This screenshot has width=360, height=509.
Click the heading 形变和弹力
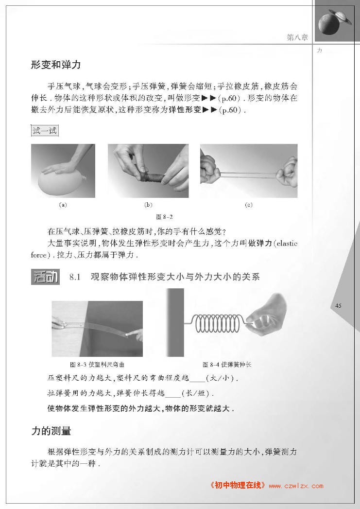point(56,65)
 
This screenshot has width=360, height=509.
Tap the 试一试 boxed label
point(45,131)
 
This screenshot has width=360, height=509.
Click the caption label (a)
point(63,205)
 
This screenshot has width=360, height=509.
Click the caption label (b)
point(148,205)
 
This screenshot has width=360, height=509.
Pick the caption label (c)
point(249,205)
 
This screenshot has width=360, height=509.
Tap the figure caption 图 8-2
point(164,217)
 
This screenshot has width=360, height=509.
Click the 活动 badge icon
point(45,277)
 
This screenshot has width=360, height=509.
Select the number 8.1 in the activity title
point(75,277)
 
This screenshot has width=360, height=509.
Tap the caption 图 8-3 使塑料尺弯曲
point(97,365)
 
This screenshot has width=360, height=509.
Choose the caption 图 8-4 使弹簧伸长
point(227,365)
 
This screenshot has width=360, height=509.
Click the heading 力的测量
point(51,431)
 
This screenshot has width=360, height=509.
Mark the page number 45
point(338,305)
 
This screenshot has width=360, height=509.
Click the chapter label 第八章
point(297,37)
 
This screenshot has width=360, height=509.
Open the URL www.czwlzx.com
point(296,486)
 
